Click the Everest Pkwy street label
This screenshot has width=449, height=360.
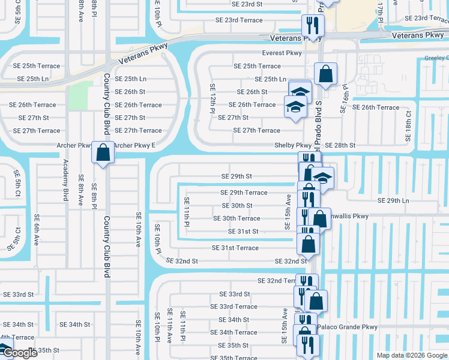click(x=282, y=53)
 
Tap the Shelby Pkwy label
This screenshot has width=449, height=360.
click(x=293, y=145)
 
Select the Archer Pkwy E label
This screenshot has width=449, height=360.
click(x=134, y=145)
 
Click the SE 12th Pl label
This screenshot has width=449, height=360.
click(x=212, y=98)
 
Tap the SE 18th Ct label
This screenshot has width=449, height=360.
click(x=409, y=125)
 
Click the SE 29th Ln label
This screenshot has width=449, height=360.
click(x=393, y=200)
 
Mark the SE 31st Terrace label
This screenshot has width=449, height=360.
click(x=235, y=248)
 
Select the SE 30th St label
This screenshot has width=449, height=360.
click(x=237, y=205)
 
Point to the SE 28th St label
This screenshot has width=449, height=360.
click(x=340, y=145)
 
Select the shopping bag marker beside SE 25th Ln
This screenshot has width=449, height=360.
click(x=325, y=74)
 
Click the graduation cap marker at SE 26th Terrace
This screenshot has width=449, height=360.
click(x=295, y=107)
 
